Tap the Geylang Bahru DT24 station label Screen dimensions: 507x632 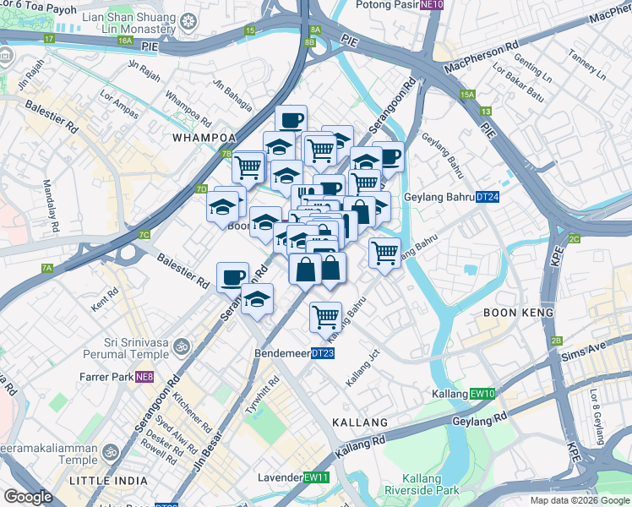click(449, 197)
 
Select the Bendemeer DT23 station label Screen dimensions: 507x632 click(294, 352)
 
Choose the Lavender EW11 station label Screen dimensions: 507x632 click(303, 477)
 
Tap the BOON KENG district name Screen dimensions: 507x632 click(518, 313)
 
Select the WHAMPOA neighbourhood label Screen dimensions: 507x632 click(202, 138)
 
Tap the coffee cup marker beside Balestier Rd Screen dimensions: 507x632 click(232, 276)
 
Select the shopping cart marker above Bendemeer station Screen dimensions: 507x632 click(325, 317)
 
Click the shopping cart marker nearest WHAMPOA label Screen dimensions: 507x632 click(248, 166)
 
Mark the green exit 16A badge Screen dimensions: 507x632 click(126, 41)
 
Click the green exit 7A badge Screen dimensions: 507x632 click(47, 268)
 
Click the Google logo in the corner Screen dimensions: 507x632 click(29, 497)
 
